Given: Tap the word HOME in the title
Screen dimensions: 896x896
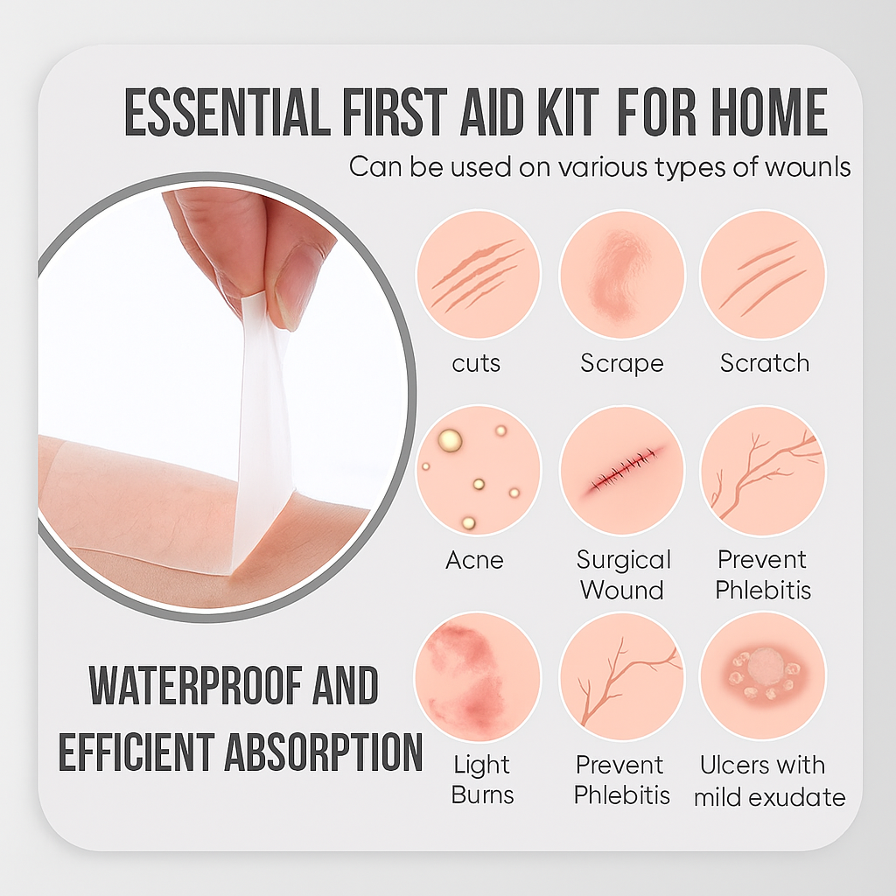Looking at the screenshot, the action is pyautogui.click(x=769, y=112).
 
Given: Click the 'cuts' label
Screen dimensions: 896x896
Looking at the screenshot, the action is pyautogui.click(x=476, y=363).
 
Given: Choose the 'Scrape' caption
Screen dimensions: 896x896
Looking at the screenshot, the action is pyautogui.click(x=622, y=364).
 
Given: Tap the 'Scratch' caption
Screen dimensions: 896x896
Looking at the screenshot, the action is pyautogui.click(x=765, y=363).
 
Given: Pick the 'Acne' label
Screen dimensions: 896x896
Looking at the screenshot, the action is pyautogui.click(x=475, y=560).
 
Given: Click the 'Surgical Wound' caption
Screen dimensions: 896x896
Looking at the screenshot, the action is pyautogui.click(x=623, y=574).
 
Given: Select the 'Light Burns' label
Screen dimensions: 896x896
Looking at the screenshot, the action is pyautogui.click(x=482, y=780).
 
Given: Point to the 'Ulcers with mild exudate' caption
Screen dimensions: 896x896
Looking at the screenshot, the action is pyautogui.click(x=770, y=780).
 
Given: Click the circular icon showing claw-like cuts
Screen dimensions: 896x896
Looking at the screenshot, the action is pyautogui.click(x=479, y=275).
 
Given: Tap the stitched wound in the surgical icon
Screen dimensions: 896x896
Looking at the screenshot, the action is pyautogui.click(x=622, y=472).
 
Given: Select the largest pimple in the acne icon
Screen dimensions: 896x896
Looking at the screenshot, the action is pyautogui.click(x=450, y=441).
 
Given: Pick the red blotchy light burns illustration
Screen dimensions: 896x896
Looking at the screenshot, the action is pyautogui.click(x=478, y=676).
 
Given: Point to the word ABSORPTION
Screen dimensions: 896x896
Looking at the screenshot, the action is pyautogui.click(x=324, y=752).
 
